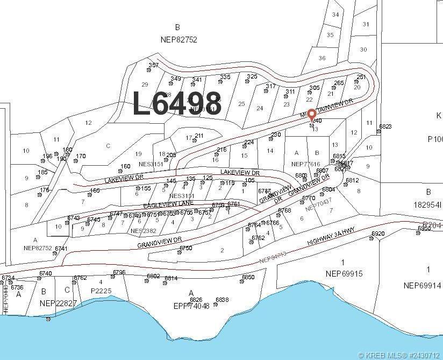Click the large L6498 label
[177, 103]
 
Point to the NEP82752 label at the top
[179, 39]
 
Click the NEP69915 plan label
[344, 273]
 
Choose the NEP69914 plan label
[423, 285]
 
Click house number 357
[154, 66]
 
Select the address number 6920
[378, 234]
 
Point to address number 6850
[248, 277]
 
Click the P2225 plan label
[101, 291]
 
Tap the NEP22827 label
[58, 303]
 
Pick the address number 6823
[385, 127]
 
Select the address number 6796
[119, 273]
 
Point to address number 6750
[185, 248]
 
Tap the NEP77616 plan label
[305, 164]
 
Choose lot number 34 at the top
[335, 15]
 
